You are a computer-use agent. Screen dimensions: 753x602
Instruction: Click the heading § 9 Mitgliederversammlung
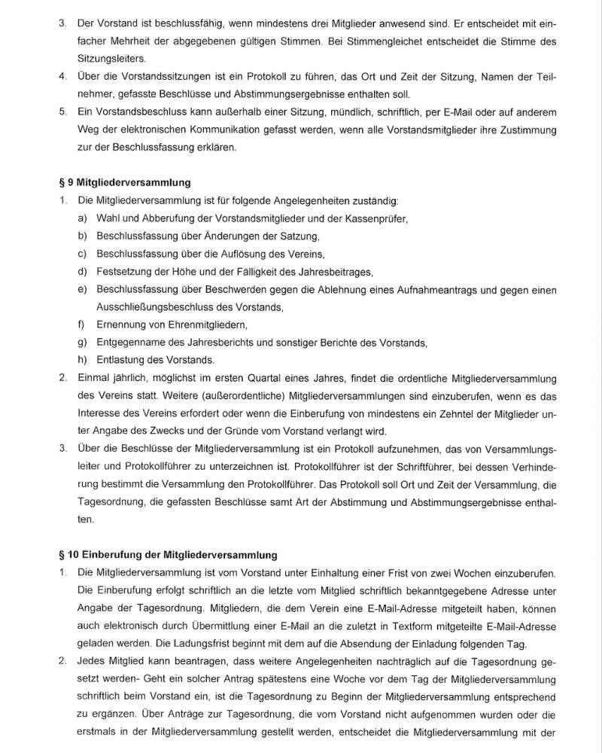pos(124,181)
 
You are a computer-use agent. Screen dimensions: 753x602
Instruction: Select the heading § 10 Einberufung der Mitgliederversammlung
pos(168,555)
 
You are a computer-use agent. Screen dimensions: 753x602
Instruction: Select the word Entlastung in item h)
pos(121,360)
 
